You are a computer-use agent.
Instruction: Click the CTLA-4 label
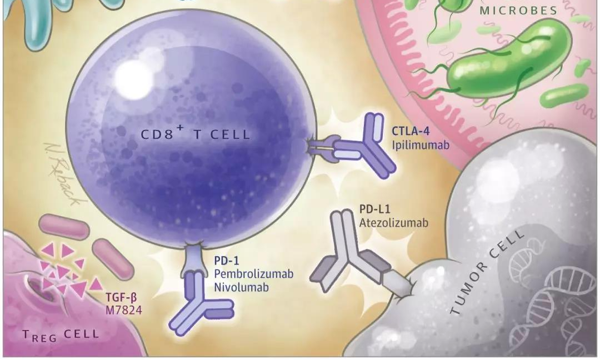(x=411, y=131)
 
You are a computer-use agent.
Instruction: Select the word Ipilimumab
(x=420, y=145)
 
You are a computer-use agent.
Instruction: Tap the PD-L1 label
(x=374, y=209)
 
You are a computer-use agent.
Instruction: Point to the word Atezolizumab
(x=393, y=223)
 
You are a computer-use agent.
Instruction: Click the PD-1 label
(x=227, y=261)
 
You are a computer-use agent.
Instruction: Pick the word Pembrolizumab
(x=254, y=274)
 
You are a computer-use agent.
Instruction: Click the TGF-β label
(x=121, y=298)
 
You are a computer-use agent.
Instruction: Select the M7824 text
(x=123, y=310)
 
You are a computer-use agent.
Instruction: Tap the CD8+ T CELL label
(x=195, y=133)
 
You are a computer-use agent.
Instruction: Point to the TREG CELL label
(x=61, y=335)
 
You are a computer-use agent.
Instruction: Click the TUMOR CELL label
(x=486, y=272)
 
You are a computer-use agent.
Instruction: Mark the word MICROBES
(x=518, y=11)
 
